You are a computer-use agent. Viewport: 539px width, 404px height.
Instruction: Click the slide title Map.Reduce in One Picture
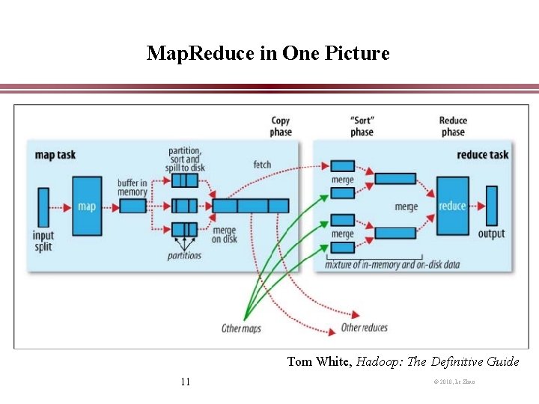pos(268,54)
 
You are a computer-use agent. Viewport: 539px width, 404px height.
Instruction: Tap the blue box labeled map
pos(87,205)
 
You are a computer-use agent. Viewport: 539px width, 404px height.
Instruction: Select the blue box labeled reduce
pos(452,205)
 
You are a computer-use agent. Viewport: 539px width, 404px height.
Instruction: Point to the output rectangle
pos(491,205)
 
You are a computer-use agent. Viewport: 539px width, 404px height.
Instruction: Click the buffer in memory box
pos(133,206)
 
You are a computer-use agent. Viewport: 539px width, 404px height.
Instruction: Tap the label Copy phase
pos(281,126)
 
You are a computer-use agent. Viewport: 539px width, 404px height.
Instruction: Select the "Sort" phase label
pos(362,126)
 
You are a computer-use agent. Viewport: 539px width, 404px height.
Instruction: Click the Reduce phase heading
pos(452,126)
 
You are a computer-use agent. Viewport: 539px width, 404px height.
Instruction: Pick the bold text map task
pos(55,156)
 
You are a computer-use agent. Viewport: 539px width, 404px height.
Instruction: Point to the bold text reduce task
pos(482,155)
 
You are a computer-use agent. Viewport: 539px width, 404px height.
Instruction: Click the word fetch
pos(262,165)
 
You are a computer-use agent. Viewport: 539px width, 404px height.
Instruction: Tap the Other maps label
pos(241,328)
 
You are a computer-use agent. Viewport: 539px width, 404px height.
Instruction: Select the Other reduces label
pos(364,328)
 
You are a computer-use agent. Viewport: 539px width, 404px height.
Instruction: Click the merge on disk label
pos(225,235)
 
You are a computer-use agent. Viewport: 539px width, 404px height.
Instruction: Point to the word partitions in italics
pos(184,255)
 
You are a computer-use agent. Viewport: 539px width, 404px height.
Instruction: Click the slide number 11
pos(186,382)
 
